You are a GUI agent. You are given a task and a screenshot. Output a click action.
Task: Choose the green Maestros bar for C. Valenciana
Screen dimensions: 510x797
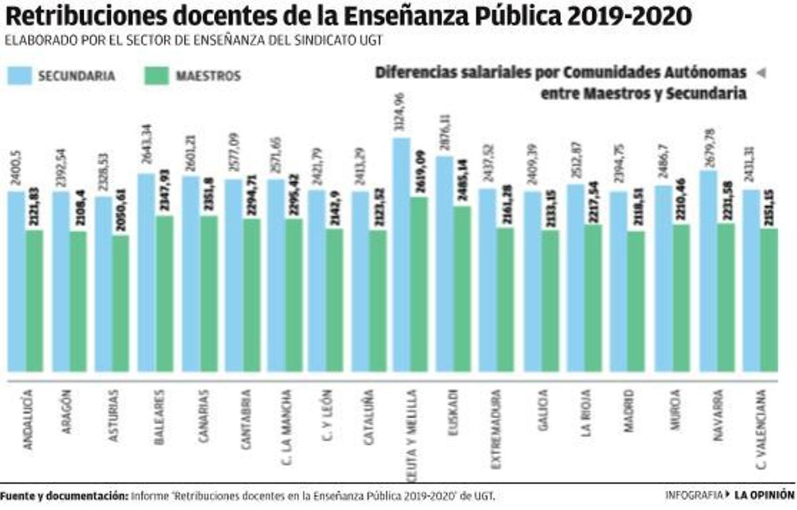point(768,300)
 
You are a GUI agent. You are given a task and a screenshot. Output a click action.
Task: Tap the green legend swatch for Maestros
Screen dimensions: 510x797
point(155,76)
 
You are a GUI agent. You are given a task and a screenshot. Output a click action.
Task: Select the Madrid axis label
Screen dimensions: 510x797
point(629,413)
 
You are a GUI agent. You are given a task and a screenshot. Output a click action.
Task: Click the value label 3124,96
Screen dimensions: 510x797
point(400,114)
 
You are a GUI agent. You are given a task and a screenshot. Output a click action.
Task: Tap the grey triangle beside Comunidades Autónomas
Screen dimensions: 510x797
point(761,72)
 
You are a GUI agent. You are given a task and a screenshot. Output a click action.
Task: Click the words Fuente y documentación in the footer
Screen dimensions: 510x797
point(64,496)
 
